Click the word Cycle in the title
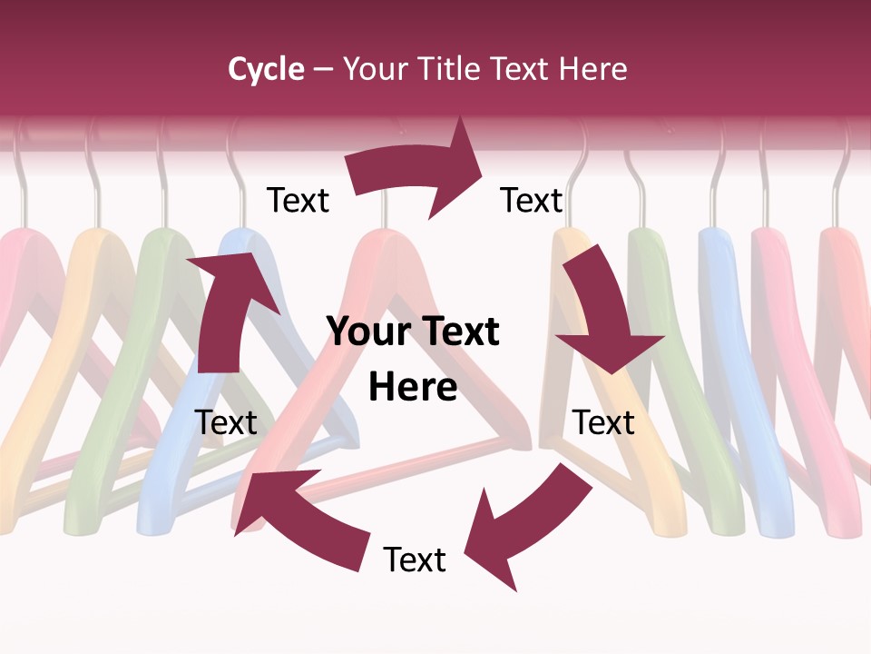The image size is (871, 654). pyautogui.click(x=266, y=69)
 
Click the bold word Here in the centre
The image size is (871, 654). pyautogui.click(x=413, y=387)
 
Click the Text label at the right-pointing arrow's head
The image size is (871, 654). pyautogui.click(x=532, y=200)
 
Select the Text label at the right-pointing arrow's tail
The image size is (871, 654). pyautogui.click(x=298, y=200)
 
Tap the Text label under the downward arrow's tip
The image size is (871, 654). pyautogui.click(x=603, y=422)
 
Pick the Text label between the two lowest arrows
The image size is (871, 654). pyautogui.click(x=415, y=560)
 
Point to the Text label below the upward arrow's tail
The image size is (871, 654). pyautogui.click(x=226, y=422)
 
